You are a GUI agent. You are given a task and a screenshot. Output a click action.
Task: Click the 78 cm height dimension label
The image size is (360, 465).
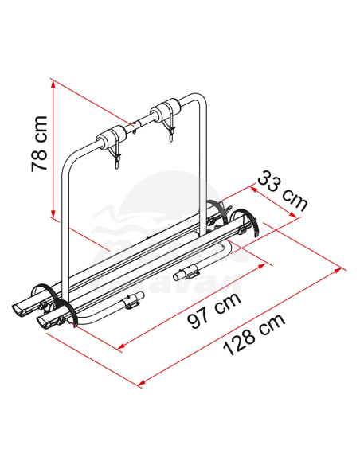pyautogui.click(x=39, y=144)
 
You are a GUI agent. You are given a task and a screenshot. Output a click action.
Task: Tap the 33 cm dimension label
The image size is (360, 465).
pyautogui.click(x=283, y=190)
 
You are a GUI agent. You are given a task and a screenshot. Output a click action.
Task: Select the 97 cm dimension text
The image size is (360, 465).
pyautogui.click(x=214, y=311)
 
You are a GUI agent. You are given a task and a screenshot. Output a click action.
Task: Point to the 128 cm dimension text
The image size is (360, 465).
pyautogui.click(x=254, y=334)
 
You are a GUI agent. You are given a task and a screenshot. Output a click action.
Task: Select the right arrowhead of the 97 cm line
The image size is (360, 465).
pyautogui.click(x=261, y=265)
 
